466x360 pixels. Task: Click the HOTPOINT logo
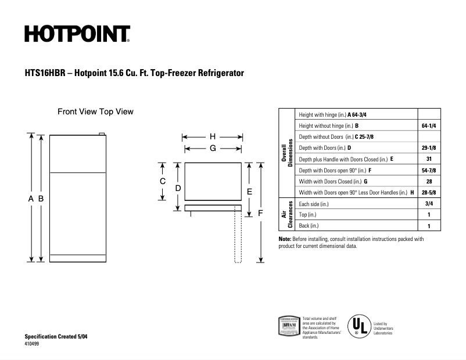77,35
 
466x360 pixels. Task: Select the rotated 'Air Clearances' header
287,214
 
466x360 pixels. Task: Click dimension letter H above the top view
213,137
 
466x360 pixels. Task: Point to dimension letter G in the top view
213,149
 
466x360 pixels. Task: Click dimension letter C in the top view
163,181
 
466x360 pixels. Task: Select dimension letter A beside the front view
31,199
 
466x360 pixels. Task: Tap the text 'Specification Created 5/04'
56,337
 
